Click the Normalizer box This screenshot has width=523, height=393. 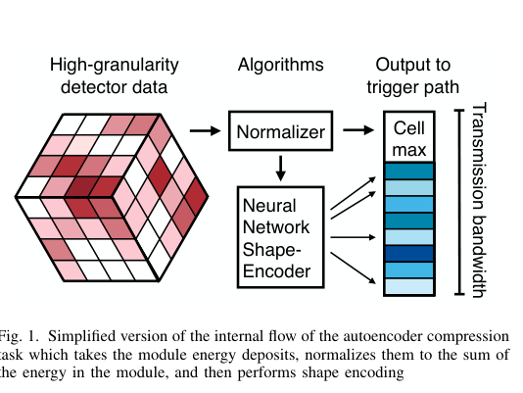point(282,130)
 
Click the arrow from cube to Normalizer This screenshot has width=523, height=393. point(205,130)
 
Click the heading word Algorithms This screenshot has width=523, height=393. point(281,66)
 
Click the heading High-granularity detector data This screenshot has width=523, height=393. point(115,76)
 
